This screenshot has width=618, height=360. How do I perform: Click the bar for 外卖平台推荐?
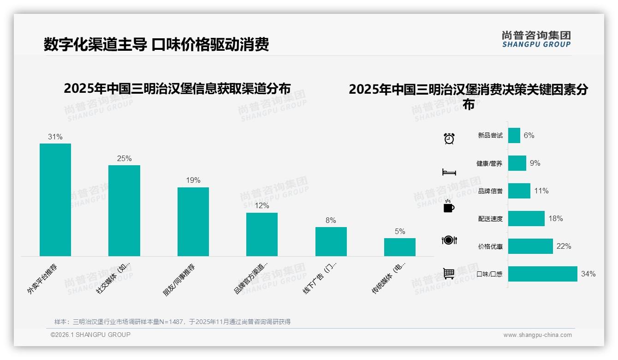(x=55, y=199)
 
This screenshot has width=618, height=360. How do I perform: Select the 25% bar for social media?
(x=124, y=210)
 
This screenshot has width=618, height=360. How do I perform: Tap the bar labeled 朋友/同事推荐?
(x=193, y=222)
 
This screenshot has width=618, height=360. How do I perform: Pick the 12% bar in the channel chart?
(x=262, y=234)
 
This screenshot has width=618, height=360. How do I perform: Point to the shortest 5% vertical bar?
(x=399, y=247)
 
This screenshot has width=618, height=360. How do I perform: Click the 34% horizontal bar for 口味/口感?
(x=542, y=274)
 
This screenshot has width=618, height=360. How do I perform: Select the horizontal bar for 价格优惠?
(x=530, y=246)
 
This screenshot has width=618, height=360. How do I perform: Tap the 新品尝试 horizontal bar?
(x=514, y=136)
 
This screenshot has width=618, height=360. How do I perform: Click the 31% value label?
(x=55, y=137)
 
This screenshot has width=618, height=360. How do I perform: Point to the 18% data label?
(x=556, y=219)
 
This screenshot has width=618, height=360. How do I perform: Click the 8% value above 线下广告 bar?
(x=331, y=221)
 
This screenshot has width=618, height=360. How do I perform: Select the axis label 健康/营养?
(x=489, y=163)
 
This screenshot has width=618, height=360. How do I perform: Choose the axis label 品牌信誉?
(x=490, y=191)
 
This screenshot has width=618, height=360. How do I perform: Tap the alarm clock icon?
(x=449, y=138)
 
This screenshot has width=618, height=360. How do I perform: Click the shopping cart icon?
(x=449, y=273)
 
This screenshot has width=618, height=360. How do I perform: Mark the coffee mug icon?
(x=449, y=207)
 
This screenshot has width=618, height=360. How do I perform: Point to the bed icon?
(x=449, y=172)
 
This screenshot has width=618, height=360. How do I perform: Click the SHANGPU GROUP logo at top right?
(x=536, y=39)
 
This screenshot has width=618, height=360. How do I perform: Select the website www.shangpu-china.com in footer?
(x=537, y=335)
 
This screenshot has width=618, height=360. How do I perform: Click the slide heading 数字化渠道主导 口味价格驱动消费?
(x=156, y=45)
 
